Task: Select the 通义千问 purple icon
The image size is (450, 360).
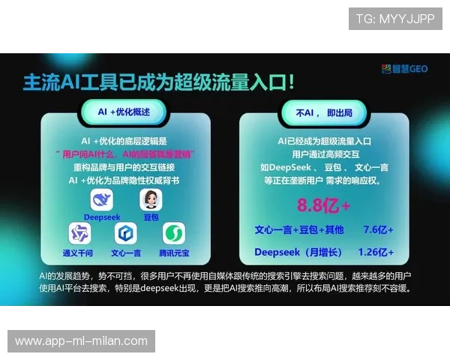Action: point(79,234)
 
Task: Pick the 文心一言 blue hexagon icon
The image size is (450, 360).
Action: point(125,234)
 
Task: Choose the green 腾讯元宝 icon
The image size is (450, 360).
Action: point(174,234)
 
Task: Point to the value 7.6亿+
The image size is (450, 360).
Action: point(378,229)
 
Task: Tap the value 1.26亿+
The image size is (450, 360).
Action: point(376,251)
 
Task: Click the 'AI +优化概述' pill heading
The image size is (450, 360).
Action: point(124,111)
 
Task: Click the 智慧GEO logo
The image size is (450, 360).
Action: point(405,68)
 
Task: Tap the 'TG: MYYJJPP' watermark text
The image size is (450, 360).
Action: point(394,19)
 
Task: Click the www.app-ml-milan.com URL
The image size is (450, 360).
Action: point(81,341)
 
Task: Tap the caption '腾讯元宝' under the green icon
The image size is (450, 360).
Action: point(174,253)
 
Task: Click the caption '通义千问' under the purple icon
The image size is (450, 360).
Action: point(79,253)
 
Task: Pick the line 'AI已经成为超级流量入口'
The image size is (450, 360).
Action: point(324,140)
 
